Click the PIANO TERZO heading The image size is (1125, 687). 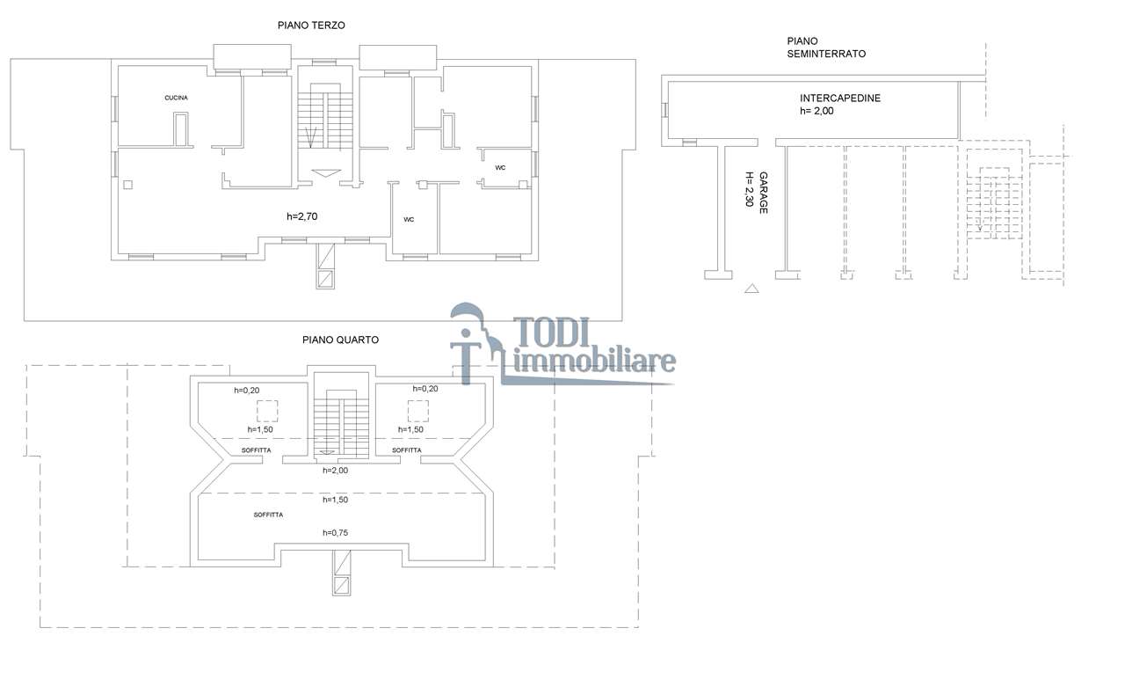[x=311, y=26]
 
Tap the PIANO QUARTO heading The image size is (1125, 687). [x=340, y=340]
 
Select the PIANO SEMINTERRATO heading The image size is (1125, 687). [x=826, y=48]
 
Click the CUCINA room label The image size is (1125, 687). [x=177, y=98]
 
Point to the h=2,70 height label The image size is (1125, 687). [x=301, y=216]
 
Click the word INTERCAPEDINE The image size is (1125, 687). [x=840, y=99]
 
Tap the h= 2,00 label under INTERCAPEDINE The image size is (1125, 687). [x=817, y=111]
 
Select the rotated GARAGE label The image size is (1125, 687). [x=764, y=193]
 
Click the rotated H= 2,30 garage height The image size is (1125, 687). [x=750, y=189]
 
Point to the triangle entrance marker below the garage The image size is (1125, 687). [x=751, y=289]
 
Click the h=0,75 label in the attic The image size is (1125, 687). [x=335, y=533]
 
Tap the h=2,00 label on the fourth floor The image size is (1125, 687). [x=335, y=471]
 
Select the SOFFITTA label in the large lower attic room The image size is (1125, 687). [x=268, y=515]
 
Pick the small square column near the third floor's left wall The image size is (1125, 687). [x=128, y=185]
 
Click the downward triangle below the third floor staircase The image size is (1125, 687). [x=326, y=173]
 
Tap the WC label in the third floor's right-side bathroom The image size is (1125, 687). [x=500, y=168]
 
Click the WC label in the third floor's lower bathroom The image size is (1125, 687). [x=409, y=220]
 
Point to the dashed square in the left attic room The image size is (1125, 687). [x=267, y=411]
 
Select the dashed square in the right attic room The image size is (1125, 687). [x=417, y=411]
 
